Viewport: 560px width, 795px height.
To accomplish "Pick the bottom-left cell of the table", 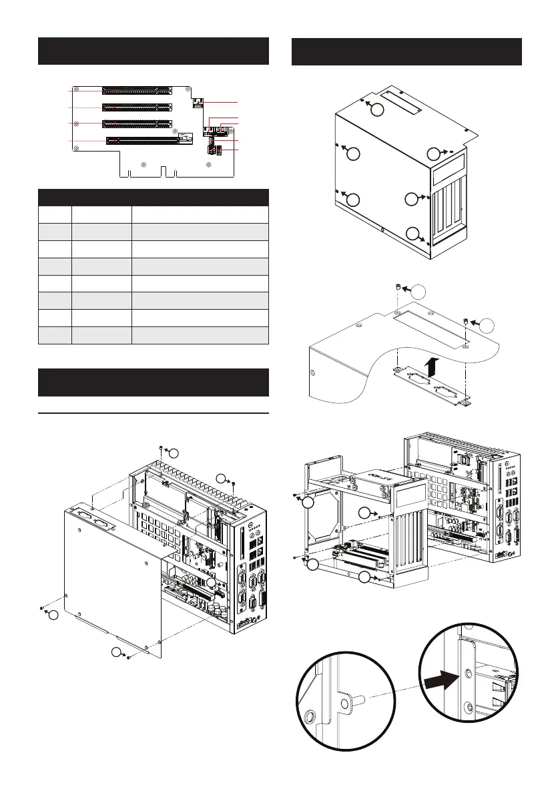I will [54, 334].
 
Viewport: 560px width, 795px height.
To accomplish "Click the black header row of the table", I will [153, 197].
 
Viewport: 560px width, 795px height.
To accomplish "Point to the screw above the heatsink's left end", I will [162, 447].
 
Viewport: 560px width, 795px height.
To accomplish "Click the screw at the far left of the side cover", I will [41, 607].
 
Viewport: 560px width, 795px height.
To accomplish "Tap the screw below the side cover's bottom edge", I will [127, 657].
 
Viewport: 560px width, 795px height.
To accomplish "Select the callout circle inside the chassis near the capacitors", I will [211, 583].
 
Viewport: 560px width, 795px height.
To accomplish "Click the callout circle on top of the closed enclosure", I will [378, 110].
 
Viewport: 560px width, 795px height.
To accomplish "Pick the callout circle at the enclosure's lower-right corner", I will [415, 234].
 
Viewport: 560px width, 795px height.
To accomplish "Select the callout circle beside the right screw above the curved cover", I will [489, 325].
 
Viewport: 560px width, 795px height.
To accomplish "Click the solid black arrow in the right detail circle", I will [440, 680].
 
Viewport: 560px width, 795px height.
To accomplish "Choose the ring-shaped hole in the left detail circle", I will [310, 718].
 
